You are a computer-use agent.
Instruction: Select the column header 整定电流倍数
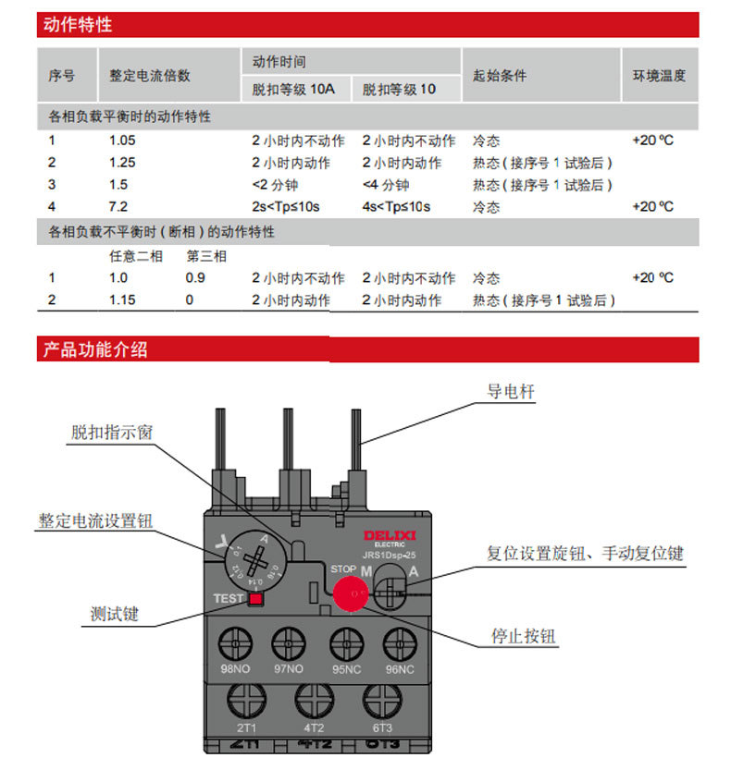pyautogui.click(x=150, y=76)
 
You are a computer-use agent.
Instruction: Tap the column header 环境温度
pyautogui.click(x=659, y=76)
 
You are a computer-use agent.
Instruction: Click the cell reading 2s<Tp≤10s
pyautogui.click(x=286, y=206)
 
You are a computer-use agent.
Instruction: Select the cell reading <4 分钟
pyautogui.click(x=386, y=185)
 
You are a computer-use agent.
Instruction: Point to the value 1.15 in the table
pyautogui.click(x=122, y=300)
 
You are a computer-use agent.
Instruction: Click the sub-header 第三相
pyautogui.click(x=206, y=256)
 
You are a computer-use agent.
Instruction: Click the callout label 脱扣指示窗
pyautogui.click(x=113, y=433)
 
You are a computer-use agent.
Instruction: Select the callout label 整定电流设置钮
pyautogui.click(x=95, y=520)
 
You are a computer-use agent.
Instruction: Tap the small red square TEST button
pyautogui.click(x=254, y=599)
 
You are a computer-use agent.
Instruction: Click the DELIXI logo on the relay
pyautogui.click(x=390, y=536)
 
